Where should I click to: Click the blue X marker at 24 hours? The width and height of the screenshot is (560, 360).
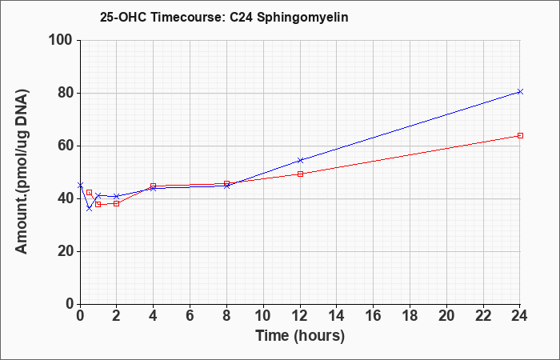pyautogui.click(x=520, y=92)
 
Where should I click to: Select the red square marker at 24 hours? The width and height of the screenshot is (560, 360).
pyautogui.click(x=520, y=136)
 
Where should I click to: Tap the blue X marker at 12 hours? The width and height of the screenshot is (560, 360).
pyautogui.click(x=300, y=160)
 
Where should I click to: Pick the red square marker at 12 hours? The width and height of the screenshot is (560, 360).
pyautogui.click(x=300, y=174)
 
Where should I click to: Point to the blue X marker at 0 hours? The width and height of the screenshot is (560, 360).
pyautogui.click(x=80, y=185)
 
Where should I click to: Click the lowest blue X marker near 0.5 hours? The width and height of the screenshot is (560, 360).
pyautogui.click(x=90, y=208)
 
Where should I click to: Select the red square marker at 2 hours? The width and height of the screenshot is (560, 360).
pyautogui.click(x=117, y=203)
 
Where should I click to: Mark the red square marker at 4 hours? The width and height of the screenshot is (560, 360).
pyautogui.click(x=154, y=186)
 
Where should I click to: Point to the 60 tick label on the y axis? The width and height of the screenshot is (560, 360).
pyautogui.click(x=66, y=146)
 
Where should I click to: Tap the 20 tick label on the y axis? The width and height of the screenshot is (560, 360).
pyautogui.click(x=66, y=251)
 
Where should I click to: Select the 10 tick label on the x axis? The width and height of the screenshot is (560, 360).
pyautogui.click(x=263, y=316)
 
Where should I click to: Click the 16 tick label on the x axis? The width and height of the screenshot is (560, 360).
pyautogui.click(x=373, y=316)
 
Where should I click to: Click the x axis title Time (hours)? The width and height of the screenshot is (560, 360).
pyautogui.click(x=300, y=336)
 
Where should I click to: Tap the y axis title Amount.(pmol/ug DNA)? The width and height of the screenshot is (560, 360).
pyautogui.click(x=22, y=171)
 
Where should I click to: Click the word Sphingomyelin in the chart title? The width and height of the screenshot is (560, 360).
pyautogui.click(x=302, y=17)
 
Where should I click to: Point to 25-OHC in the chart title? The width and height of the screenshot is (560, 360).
pyautogui.click(x=123, y=17)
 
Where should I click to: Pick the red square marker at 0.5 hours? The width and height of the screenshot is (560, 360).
pyautogui.click(x=90, y=193)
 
